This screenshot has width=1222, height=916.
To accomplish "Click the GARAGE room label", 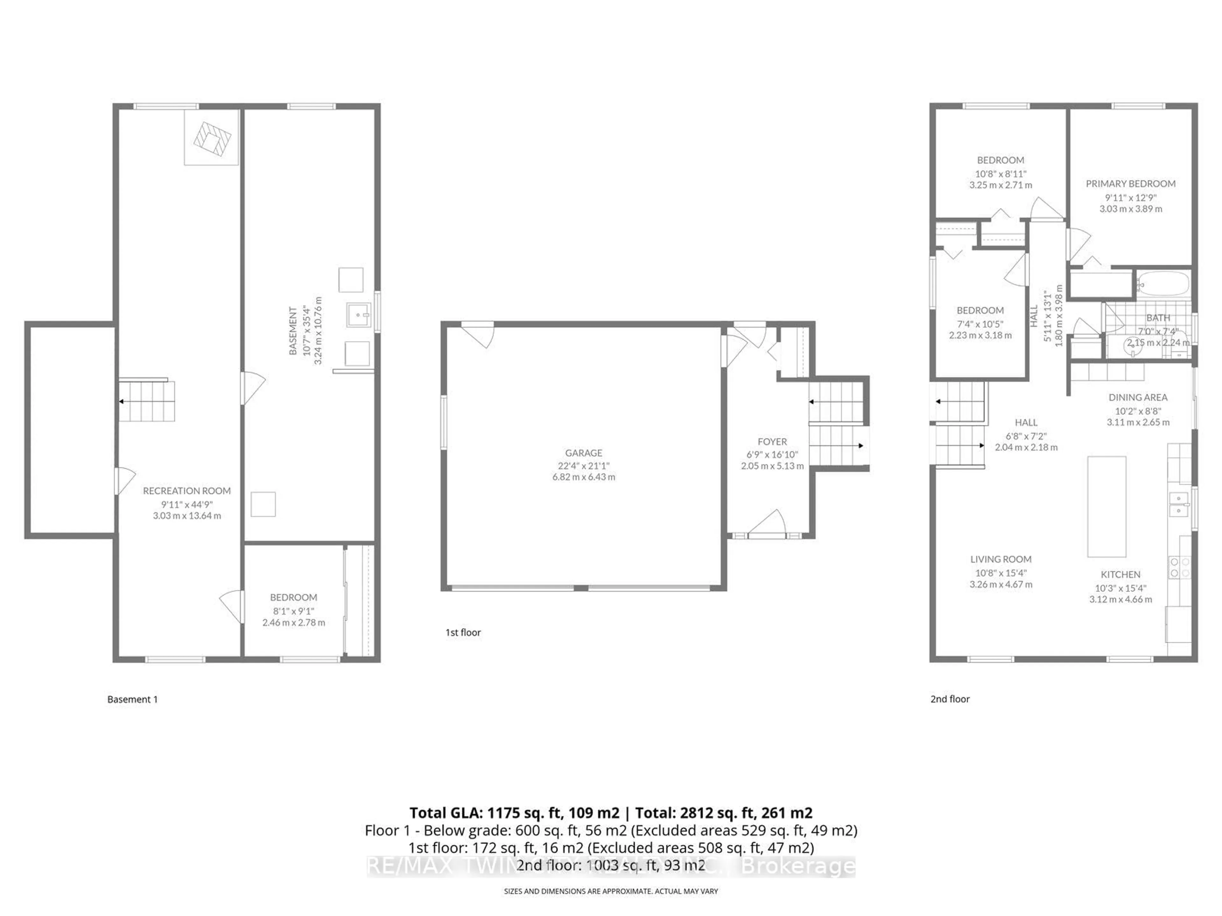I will click(x=583, y=453).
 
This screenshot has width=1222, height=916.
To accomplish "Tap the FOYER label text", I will click(x=772, y=442).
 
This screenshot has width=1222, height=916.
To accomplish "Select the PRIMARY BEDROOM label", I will click(x=1130, y=184).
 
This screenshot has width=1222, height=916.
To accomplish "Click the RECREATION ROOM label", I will click(x=187, y=491).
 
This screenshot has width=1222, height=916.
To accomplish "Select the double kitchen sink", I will click(x=1178, y=504).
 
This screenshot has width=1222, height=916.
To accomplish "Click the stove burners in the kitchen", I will click(x=1179, y=568).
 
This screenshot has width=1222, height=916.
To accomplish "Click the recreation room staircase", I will click(x=147, y=401).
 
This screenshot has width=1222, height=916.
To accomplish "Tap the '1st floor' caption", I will click(x=463, y=633).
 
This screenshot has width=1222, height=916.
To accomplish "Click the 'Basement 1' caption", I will click(x=133, y=699).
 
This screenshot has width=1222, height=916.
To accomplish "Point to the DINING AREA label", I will click(x=1137, y=398).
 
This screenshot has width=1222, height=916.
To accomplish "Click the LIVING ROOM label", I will click(x=1001, y=559).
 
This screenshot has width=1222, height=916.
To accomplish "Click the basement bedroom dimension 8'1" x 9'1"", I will click(x=293, y=611).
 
